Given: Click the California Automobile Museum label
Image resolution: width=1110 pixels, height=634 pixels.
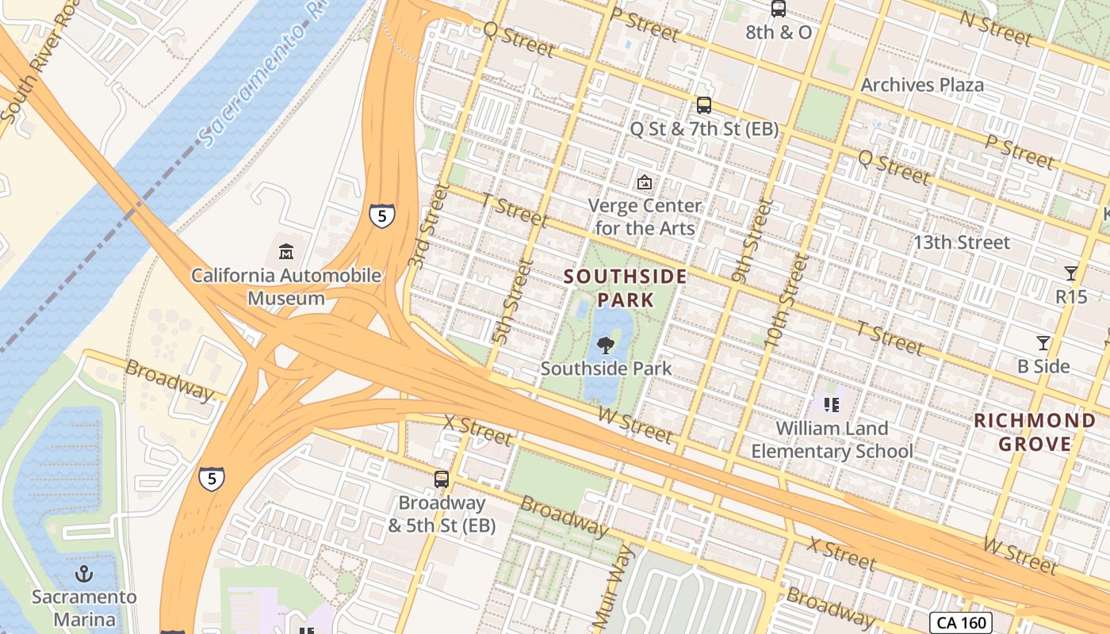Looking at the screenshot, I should click(285, 287).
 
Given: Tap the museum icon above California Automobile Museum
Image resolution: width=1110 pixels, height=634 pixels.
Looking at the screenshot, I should click(286, 252).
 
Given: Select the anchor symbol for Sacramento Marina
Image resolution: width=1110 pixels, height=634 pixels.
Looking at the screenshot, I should click(84, 573).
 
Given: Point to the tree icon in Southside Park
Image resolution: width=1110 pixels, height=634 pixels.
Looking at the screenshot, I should click(606, 345).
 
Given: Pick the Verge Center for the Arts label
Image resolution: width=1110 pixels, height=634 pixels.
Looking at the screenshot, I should click(645, 216).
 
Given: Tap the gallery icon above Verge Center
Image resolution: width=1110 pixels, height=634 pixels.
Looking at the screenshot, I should click(645, 182).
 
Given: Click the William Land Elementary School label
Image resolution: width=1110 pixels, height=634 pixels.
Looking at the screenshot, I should click(832, 440).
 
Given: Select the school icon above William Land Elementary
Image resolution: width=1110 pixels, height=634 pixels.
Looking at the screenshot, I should click(832, 405).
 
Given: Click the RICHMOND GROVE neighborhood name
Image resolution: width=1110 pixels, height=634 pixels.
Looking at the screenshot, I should click(1035, 432).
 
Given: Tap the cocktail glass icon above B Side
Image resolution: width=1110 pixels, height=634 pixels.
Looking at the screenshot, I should click(1043, 343).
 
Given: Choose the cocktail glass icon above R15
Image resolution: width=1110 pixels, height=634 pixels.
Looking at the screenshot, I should click(1071, 273).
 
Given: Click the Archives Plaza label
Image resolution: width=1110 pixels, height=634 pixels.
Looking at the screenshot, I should click(922, 85).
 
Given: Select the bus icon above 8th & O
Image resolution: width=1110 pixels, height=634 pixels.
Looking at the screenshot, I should click(779, 9).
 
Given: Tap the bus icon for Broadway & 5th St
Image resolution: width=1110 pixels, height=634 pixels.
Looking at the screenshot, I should click(442, 479).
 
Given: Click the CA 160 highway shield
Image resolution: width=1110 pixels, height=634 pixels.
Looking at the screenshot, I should click(962, 622).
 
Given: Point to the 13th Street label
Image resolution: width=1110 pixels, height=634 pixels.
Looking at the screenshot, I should click(961, 243).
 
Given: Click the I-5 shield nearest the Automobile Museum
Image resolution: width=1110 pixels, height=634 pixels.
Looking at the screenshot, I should click(381, 215).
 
